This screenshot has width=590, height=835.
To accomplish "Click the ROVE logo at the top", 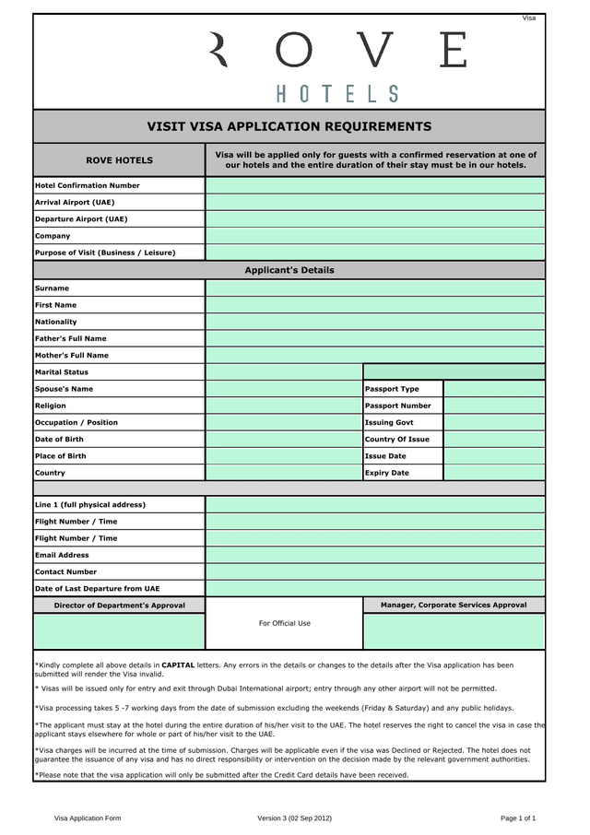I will coord(337,51).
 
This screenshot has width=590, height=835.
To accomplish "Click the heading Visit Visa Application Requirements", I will coord(289,126).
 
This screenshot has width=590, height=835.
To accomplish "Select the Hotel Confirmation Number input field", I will coord(374,185).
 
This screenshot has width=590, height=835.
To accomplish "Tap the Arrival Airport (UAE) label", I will coord(75,202).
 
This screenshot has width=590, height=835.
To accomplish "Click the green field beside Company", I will coord(374,236).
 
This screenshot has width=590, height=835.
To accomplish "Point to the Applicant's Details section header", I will coord(289,270).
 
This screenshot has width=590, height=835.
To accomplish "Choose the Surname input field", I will coord(374,288).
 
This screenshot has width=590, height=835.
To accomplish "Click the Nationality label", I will coord(56,322).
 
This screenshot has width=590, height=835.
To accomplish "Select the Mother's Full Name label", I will coord(72,355).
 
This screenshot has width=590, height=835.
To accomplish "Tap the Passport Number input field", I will coord(494,406).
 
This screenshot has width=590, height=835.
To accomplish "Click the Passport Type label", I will coord(392,389).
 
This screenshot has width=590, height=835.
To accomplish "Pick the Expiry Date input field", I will coord(494,473).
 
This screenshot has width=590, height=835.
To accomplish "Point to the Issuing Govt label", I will coord(389,422).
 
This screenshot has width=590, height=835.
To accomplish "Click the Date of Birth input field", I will coord(283,440).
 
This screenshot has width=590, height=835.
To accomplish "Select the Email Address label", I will coord(62,555).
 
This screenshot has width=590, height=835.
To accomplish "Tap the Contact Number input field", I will coord(374,571).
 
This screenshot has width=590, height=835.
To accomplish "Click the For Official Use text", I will coord(284,623).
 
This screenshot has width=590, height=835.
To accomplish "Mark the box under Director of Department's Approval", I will coord(119,631).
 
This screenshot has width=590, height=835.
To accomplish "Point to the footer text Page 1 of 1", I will coord(518,817).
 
